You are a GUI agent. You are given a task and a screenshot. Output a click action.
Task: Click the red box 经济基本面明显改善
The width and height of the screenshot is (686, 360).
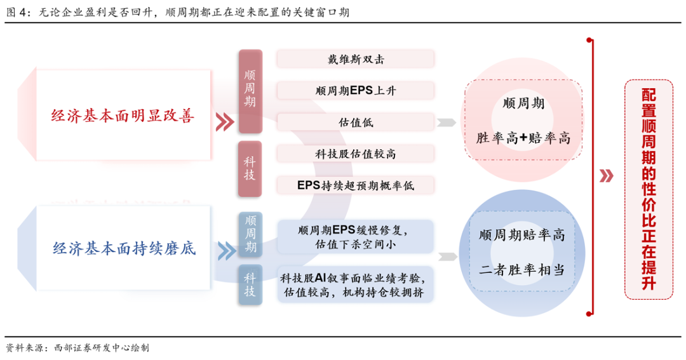point(123,116)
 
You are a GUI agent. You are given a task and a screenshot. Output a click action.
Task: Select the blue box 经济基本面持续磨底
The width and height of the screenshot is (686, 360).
point(123,248)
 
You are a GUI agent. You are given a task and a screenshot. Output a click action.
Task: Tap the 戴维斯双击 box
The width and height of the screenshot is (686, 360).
point(355,59)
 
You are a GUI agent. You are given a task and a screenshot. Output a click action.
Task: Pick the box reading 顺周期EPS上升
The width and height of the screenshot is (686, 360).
point(355,90)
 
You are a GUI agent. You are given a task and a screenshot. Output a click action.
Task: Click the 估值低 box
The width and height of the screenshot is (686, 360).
point(355,122)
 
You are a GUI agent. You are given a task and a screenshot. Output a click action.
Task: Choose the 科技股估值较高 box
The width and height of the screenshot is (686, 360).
point(355,153)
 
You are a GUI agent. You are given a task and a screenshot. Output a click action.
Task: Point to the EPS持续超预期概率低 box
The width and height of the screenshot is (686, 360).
point(355,185)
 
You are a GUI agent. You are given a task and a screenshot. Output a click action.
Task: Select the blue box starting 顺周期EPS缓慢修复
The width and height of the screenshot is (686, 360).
point(355,236)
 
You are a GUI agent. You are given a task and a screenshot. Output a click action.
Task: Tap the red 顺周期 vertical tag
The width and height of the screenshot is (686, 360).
point(250,91)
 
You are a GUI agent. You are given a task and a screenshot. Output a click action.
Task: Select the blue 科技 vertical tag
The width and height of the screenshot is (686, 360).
point(250,285)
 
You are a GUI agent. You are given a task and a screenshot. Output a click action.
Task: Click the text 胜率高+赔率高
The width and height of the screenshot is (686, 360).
point(523,137)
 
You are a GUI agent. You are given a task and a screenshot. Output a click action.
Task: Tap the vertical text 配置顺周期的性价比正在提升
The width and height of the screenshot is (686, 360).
point(648,189)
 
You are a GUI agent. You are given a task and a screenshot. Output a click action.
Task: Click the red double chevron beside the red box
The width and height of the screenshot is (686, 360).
point(224,122)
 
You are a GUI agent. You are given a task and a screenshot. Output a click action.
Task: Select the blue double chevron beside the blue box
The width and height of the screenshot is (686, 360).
point(225,250)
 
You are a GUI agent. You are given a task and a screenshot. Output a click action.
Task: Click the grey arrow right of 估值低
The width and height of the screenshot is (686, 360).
point(447,123)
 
